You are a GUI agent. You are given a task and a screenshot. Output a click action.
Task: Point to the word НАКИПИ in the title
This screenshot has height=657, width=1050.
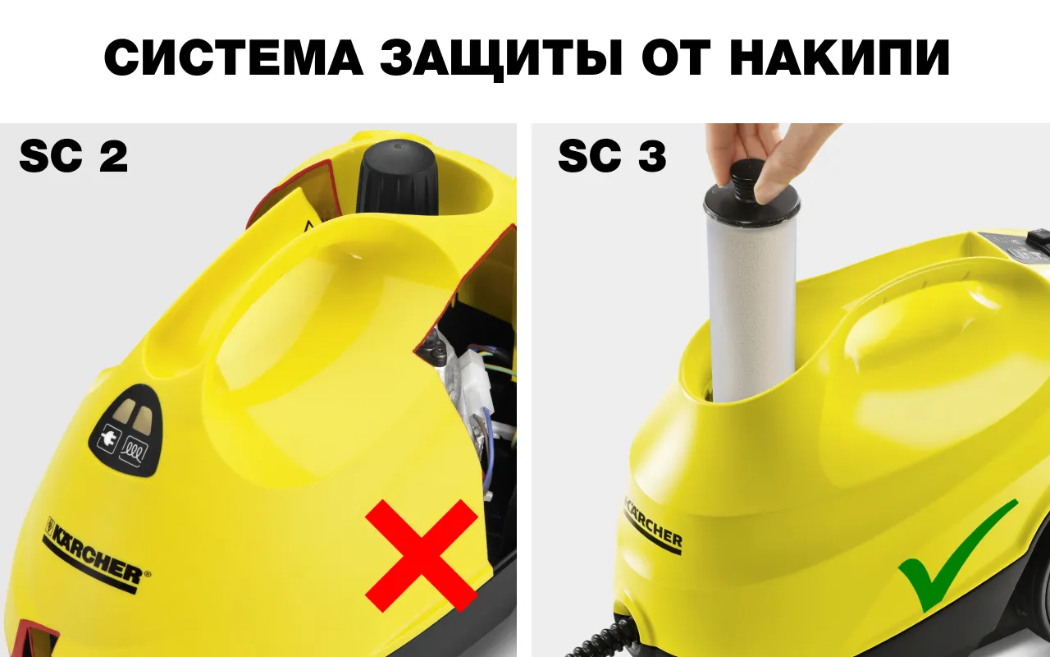pyautogui.click(x=839, y=57)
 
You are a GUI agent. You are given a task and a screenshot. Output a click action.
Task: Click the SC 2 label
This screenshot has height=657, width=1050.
pyautogui.click(x=74, y=155)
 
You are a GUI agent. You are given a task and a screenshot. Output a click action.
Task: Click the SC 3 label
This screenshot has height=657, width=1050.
pyautogui.click(x=612, y=155)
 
